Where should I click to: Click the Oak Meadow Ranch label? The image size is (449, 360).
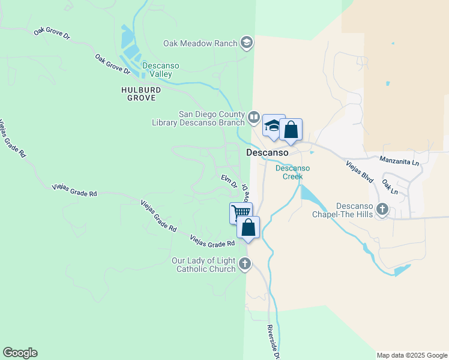point(200,43)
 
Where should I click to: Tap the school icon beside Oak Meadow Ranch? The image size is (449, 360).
point(246,43)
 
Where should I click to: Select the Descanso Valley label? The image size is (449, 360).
point(157,70)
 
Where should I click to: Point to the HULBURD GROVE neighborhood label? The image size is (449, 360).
point(141,94)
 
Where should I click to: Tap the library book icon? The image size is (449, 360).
point(254,117)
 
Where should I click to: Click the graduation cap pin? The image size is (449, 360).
point(274,125)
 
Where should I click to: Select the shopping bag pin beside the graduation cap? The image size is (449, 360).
point(291,130)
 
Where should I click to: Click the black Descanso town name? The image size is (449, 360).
point(268,153)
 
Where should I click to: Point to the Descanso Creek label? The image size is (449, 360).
point(293,172)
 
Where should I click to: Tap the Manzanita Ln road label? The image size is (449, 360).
point(399,160)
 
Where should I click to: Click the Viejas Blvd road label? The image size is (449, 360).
point(360,172)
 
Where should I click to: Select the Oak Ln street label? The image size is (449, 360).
point(390,188)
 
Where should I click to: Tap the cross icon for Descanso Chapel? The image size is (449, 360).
point(382,209)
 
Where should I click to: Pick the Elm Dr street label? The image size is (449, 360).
point(229,180)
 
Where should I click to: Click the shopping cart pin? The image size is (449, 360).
point(240,212)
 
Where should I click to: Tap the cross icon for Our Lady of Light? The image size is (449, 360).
point(244,263)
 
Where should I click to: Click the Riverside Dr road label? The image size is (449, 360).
point(274,342)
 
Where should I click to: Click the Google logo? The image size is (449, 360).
point(20,353)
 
